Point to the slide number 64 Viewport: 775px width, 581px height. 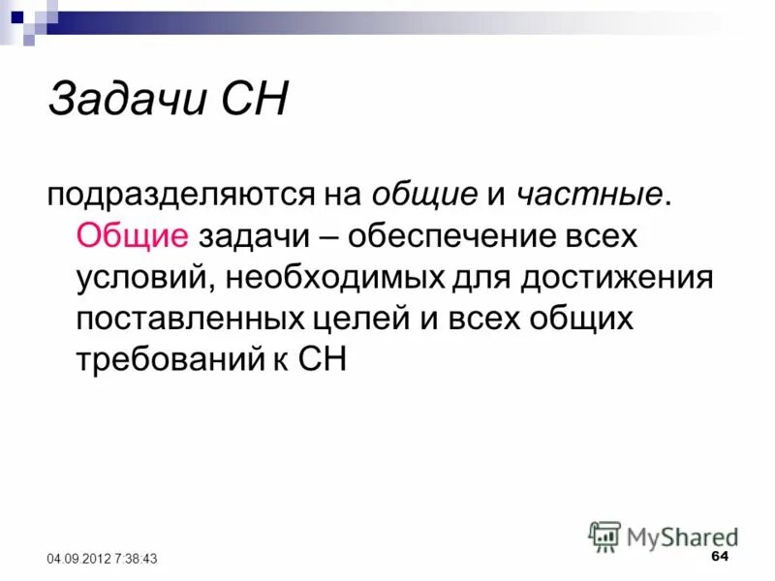[x=719, y=557]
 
